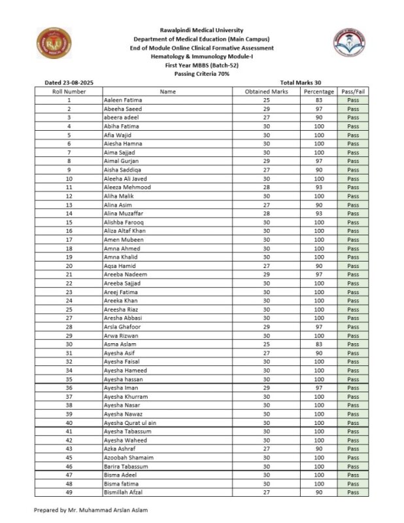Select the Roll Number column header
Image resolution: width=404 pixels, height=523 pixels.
(69, 92)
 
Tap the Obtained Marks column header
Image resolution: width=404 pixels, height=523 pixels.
(267, 92)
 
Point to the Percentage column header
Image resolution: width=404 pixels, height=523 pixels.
(319, 92)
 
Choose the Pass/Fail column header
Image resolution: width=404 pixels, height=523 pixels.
(354, 92)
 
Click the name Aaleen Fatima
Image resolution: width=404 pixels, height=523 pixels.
(123, 100)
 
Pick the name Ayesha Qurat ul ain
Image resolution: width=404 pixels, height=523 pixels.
(130, 423)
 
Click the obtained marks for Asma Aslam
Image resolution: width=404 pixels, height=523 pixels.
(267, 344)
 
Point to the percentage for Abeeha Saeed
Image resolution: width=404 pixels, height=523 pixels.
(319, 109)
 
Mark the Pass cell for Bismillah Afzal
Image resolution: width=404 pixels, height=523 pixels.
(354, 492)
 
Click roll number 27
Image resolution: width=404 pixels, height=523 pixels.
(69, 318)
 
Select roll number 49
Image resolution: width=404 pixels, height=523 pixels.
(69, 492)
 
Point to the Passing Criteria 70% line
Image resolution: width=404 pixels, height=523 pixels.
(201, 74)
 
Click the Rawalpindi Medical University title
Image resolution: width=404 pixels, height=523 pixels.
(201, 30)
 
